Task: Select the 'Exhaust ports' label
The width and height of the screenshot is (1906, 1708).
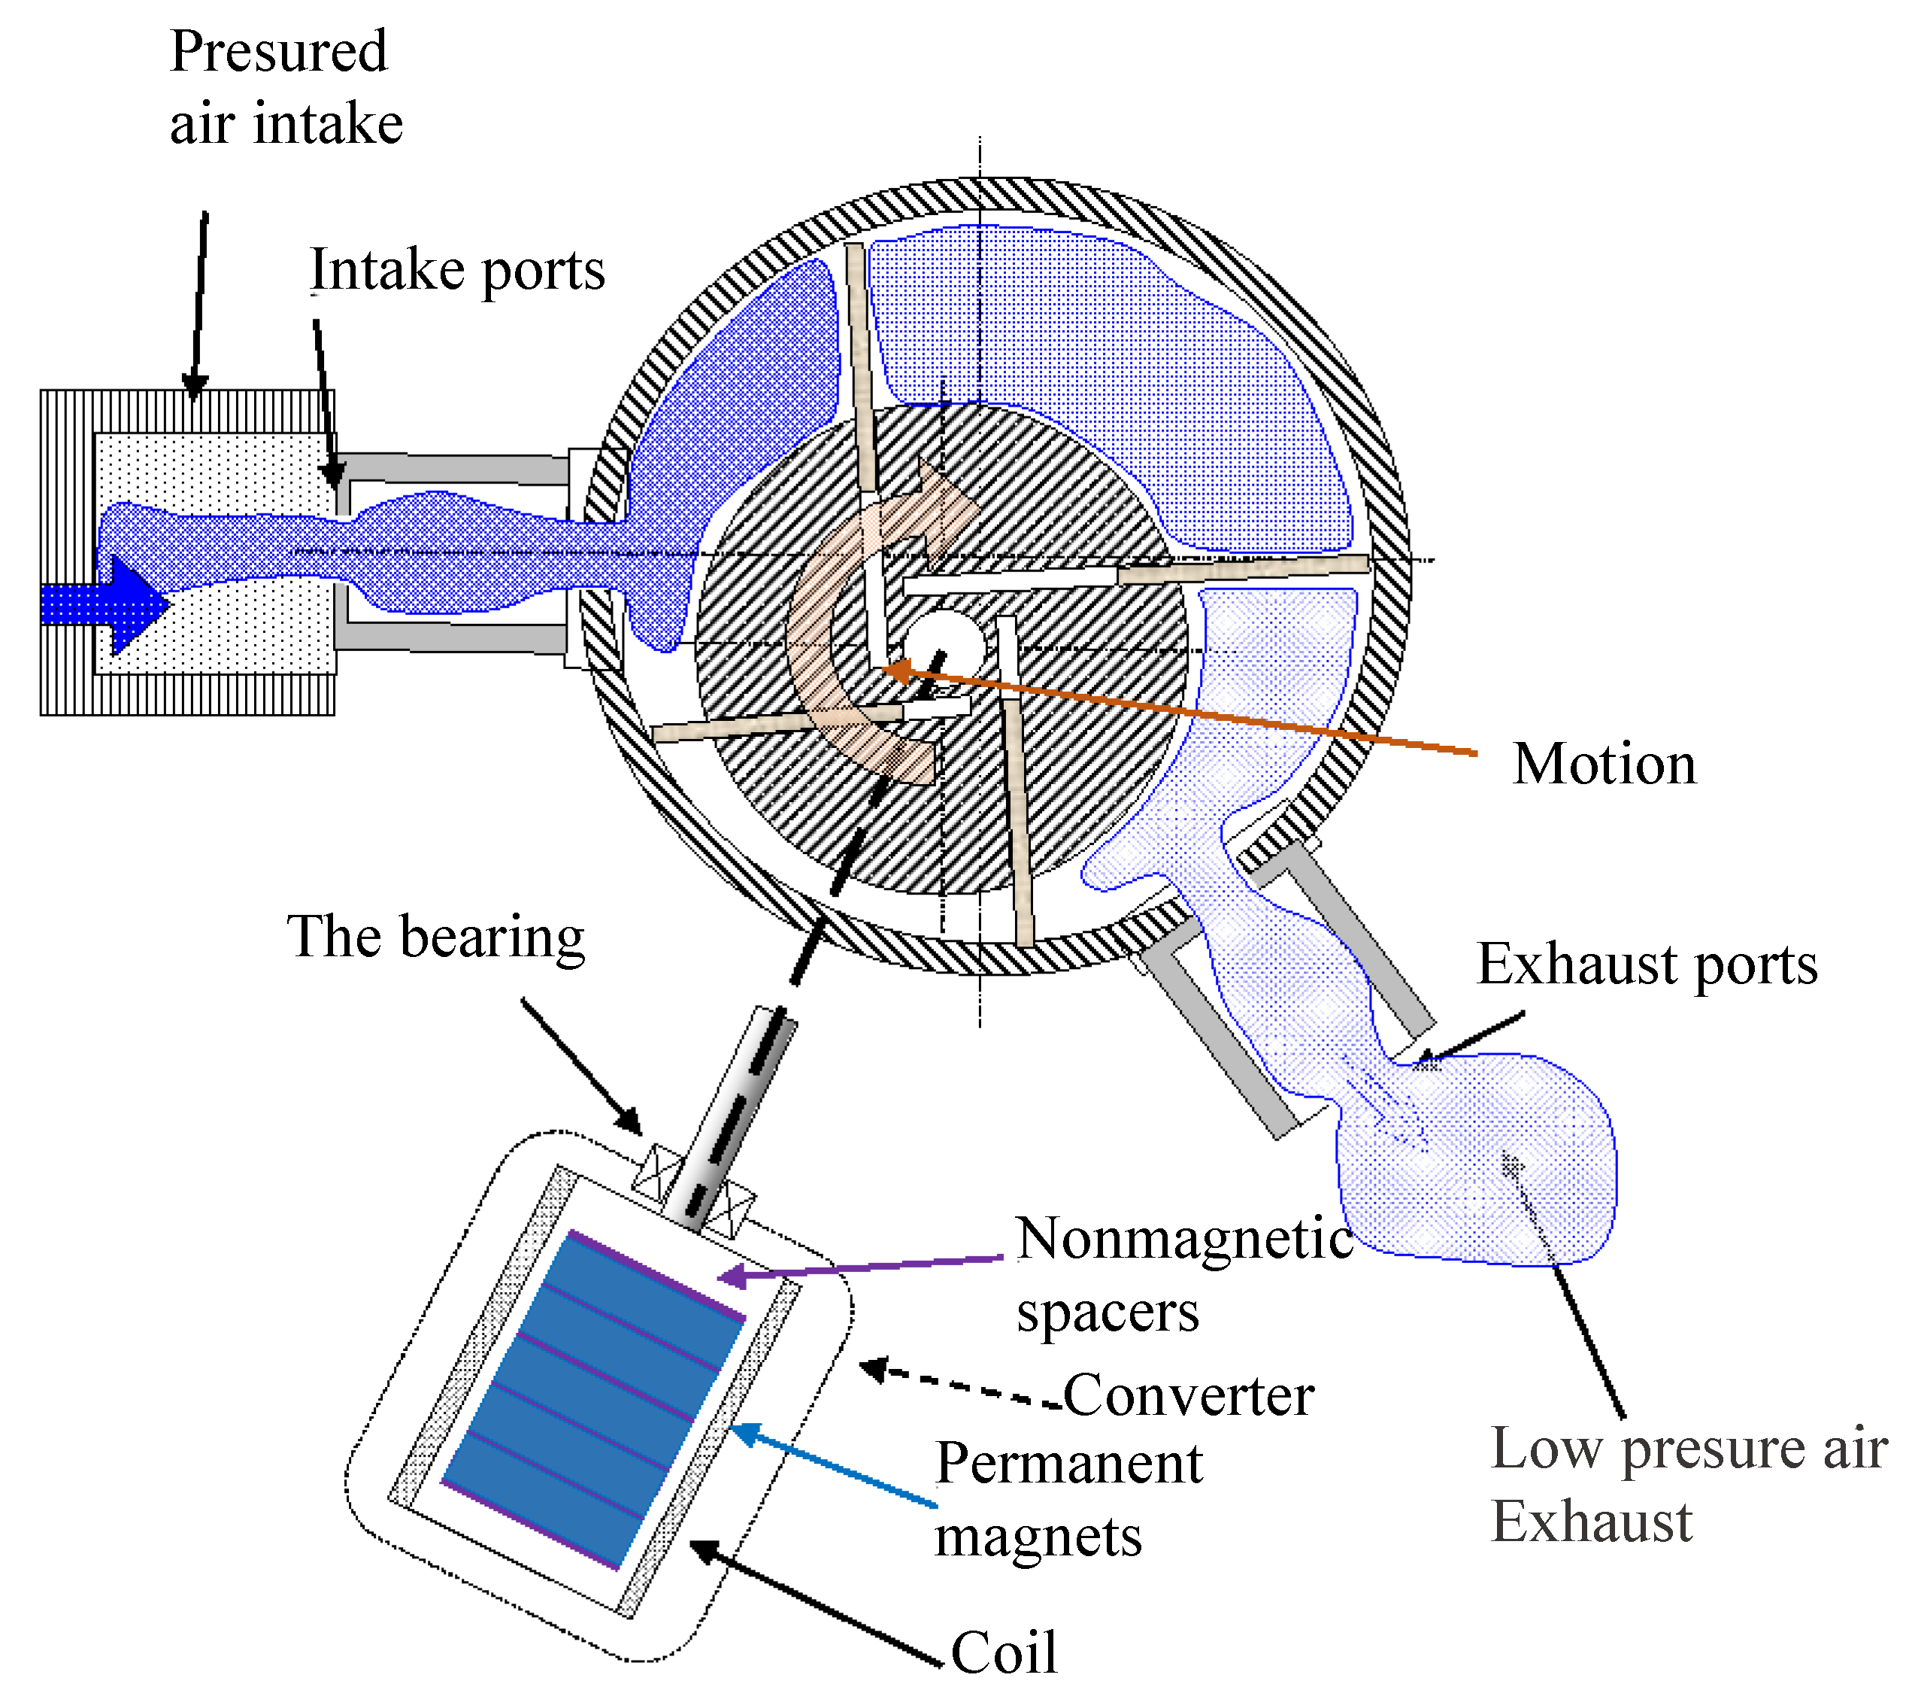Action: pos(1646,965)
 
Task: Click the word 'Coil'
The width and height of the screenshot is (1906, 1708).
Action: pos(1003,1652)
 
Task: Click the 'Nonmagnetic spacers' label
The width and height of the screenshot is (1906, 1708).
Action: pos(1183,1273)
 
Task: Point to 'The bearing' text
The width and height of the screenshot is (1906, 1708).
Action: pos(435,937)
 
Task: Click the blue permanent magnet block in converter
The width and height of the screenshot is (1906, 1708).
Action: pos(591,1398)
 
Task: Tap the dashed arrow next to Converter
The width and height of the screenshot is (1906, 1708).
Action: pos(957,1385)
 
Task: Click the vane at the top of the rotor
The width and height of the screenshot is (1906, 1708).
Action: pos(862,366)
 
